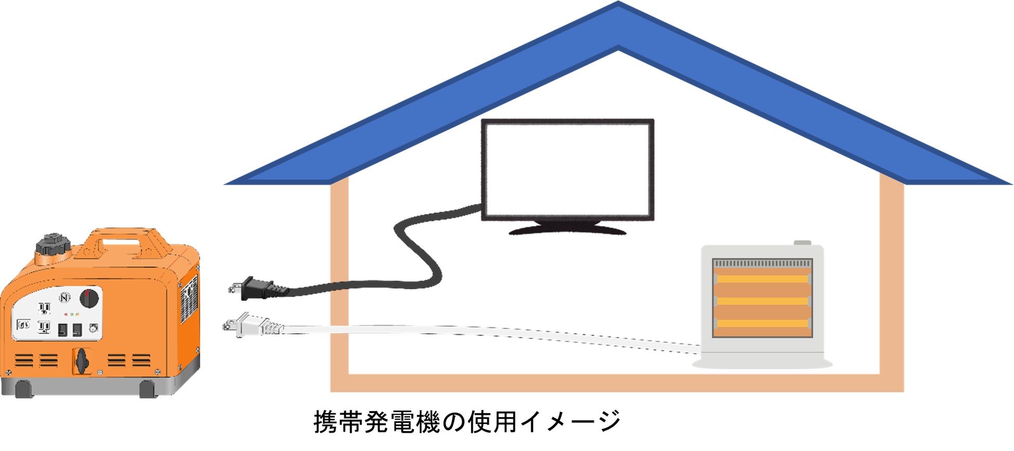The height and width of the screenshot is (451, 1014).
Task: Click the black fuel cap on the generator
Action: coord(53,245)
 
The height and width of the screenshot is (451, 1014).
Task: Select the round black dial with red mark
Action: coord(89,298)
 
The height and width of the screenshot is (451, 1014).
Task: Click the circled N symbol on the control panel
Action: coord(64,298)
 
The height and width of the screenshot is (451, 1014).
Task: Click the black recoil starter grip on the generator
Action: coord(82,360)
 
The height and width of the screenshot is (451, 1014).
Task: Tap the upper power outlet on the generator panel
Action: coord(44,309)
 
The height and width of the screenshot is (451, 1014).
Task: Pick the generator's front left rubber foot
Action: coord(23,389)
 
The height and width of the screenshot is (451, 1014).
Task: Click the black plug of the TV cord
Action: coord(257,288)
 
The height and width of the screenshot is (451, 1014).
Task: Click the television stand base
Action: coord(567,229)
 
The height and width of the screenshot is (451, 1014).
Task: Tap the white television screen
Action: coord(567,169)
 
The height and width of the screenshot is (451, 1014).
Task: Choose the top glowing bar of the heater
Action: coord(762,279)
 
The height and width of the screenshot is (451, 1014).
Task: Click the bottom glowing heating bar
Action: coord(762,324)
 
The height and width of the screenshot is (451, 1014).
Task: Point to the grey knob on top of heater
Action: coord(802,243)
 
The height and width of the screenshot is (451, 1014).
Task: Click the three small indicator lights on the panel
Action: coord(71,314)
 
